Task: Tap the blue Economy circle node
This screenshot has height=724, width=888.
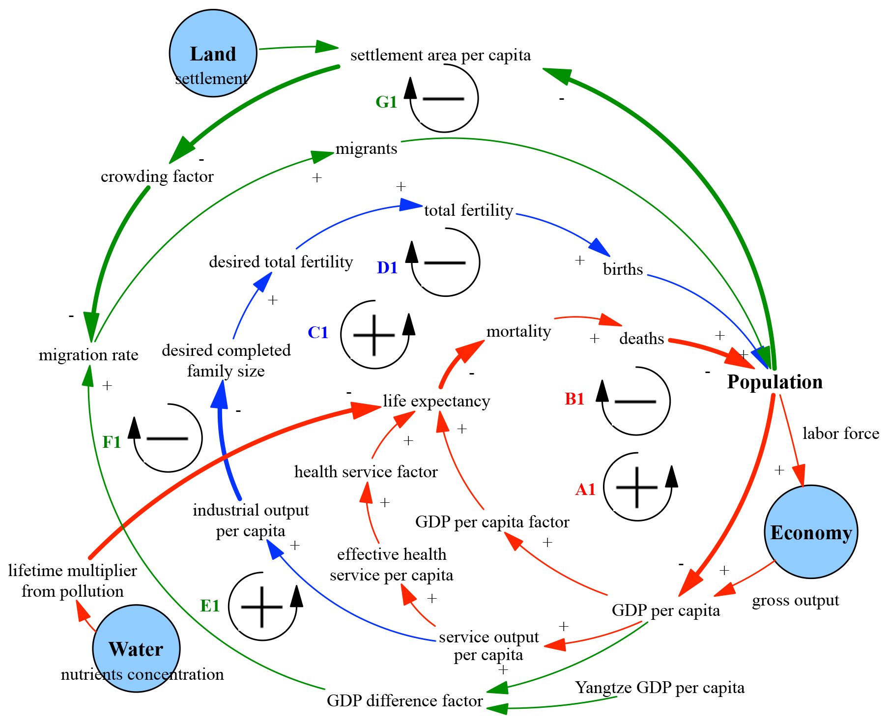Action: coord(811,532)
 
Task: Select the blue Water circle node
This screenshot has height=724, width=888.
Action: coord(136,648)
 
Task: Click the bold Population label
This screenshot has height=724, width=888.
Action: coord(774,382)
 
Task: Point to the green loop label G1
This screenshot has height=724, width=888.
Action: coord(386,102)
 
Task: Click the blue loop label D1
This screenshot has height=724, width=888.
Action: coord(387,267)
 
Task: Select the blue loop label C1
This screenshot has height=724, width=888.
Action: coord(318,333)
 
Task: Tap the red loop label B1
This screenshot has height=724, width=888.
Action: coord(574,399)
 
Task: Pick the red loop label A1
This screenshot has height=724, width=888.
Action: coord(585,489)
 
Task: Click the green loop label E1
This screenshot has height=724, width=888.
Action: coord(210,606)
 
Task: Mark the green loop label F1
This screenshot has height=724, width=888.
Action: coord(112,442)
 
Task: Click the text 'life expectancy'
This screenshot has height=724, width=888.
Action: coord(436,401)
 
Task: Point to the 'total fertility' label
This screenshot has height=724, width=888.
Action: coord(468,210)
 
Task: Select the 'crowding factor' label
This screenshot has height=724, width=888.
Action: coord(157,176)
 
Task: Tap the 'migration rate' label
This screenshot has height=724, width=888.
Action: coord(88,355)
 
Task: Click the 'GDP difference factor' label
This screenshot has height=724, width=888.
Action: coord(404,700)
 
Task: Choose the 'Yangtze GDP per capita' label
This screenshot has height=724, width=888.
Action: coord(659,687)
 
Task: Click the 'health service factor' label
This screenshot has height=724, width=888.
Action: coord(366,472)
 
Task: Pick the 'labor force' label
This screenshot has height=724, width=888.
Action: coord(841,434)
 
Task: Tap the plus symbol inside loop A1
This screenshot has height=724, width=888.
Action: coord(636,487)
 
